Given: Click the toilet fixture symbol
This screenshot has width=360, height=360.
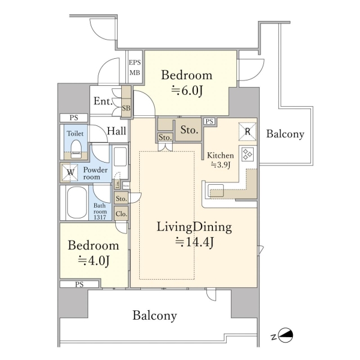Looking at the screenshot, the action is (x=76, y=149).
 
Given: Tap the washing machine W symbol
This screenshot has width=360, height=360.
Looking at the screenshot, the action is (x=70, y=172).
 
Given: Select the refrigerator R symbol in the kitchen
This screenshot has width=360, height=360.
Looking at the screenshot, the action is (x=247, y=131).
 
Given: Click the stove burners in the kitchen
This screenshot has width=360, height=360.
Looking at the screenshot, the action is (x=248, y=154).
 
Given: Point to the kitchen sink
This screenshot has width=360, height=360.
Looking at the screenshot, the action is (x=215, y=190).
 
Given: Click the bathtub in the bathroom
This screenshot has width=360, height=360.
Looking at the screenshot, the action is (x=77, y=203).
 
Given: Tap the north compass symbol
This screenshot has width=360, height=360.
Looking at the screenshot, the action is (x=286, y=336).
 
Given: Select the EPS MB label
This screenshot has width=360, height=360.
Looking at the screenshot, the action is (x=134, y=67).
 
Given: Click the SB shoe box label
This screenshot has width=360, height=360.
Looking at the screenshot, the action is (x=126, y=108).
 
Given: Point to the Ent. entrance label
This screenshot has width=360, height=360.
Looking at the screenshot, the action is (x=103, y=101).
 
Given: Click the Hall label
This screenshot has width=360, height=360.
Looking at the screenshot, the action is (x=116, y=131).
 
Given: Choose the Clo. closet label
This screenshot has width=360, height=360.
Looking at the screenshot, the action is (x=121, y=214).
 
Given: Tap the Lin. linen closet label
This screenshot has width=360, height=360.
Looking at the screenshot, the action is (x=118, y=184).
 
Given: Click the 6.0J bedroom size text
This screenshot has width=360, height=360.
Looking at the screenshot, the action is (x=187, y=91).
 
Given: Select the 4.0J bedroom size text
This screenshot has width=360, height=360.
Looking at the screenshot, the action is (x=94, y=260).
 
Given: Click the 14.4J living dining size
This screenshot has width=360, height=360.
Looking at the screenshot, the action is (x=194, y=242).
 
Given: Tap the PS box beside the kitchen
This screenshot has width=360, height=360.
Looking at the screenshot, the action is (x=209, y=121).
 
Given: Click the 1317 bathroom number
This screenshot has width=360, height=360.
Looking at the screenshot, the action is (x=100, y=217).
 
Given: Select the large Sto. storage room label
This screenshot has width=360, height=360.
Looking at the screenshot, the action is (x=189, y=130).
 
